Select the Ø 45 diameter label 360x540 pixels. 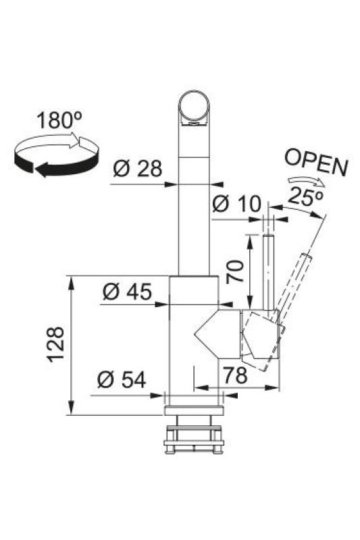tap(126, 292)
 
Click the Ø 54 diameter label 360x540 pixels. tap(122, 380)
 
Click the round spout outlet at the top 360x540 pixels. tap(195, 108)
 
